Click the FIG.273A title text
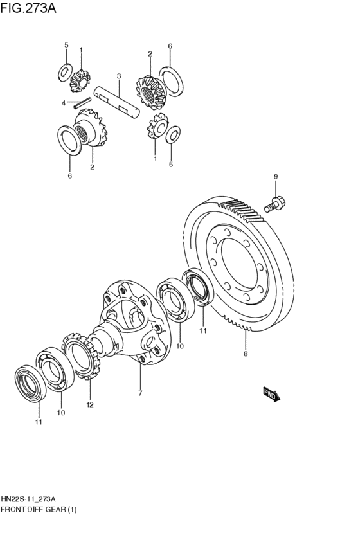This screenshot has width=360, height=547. point(28,8)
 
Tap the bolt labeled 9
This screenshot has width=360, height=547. point(274,204)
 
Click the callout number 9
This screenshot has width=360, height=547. point(276,177)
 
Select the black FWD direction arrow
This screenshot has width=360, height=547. point(272,395)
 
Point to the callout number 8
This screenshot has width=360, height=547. point(246,354)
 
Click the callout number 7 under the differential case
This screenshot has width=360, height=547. point(140,393)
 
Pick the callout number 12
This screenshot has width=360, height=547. point(90,405)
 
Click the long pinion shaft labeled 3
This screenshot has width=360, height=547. point(117,101)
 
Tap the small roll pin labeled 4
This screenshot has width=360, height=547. point(82,103)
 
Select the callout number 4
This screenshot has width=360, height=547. point(64,103)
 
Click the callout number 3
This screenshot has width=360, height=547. point(118,76)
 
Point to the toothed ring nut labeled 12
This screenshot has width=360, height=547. point(81,356)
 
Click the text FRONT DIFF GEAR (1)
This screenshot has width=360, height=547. point(39,509)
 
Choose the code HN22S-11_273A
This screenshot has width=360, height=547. point(28,498)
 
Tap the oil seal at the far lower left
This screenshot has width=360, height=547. point(31,383)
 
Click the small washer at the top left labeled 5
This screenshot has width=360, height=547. point(65,73)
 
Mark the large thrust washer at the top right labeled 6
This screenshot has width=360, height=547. point(171,81)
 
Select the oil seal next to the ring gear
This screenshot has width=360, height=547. point(197,287)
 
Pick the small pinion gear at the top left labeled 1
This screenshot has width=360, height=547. point(80,81)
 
